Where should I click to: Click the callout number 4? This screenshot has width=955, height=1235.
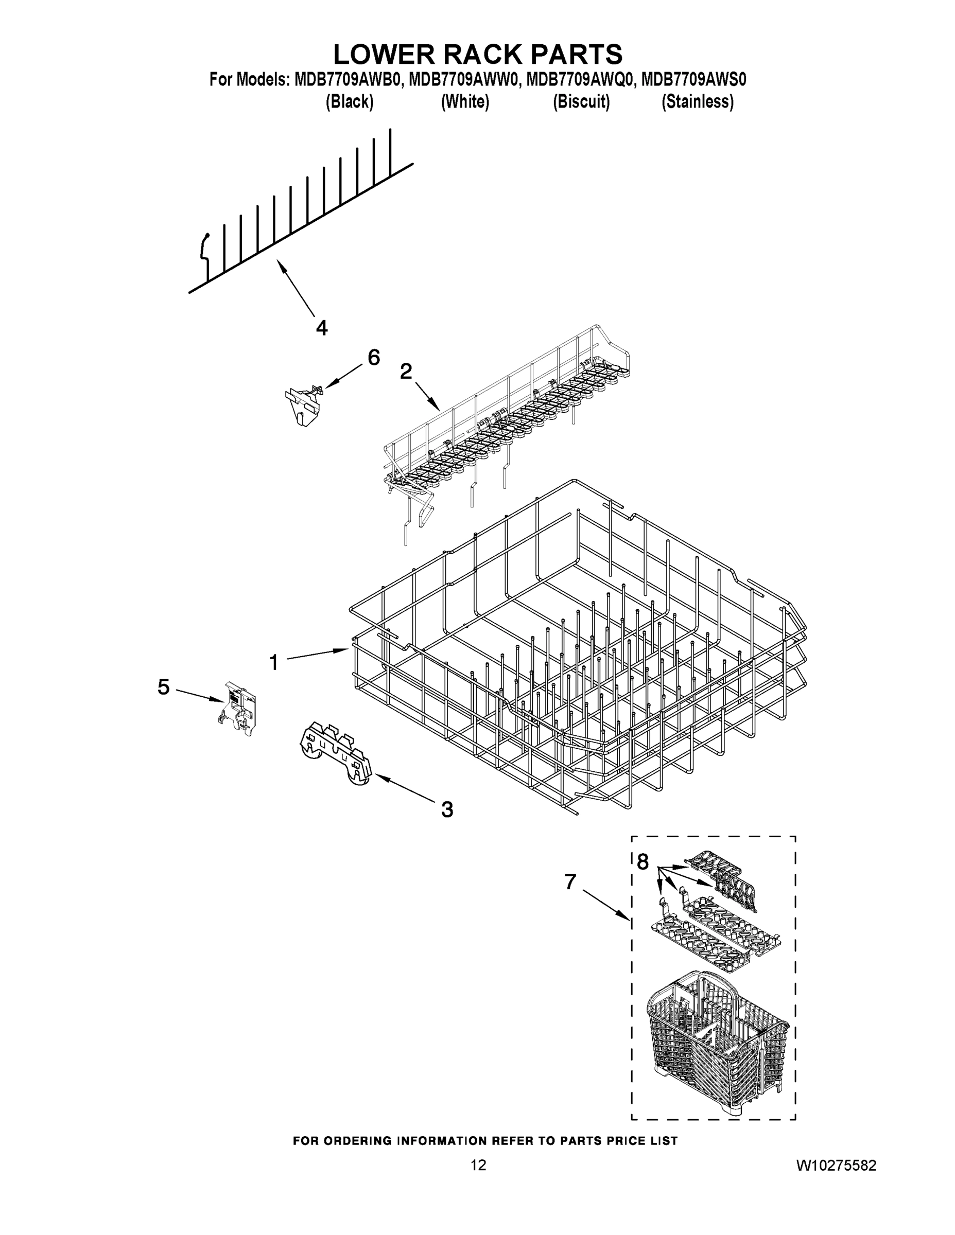point(321,327)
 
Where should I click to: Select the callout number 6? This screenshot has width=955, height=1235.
point(374,358)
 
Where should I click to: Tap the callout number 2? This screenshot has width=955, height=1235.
point(406,372)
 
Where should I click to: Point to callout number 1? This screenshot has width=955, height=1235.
point(274,662)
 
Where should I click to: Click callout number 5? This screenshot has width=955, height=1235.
point(164,687)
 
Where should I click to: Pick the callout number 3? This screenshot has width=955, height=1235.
point(447,810)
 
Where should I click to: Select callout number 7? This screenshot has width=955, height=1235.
point(570,881)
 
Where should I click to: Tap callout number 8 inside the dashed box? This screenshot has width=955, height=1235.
point(643,862)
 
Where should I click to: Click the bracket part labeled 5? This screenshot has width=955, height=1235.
point(240,709)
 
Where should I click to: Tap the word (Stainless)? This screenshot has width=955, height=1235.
point(698,102)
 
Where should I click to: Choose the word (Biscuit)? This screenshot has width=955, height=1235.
point(581,102)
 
